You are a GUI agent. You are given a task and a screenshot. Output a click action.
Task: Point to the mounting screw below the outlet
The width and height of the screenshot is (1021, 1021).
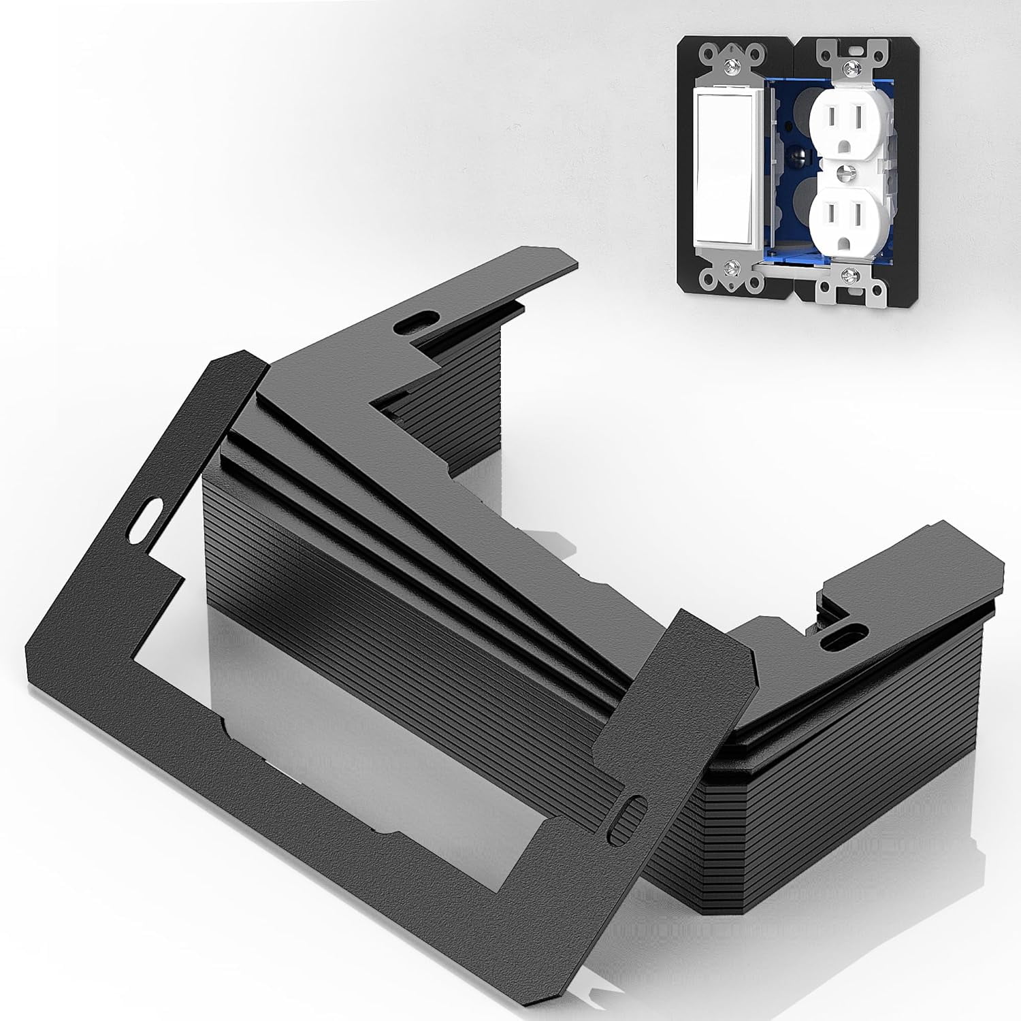848,274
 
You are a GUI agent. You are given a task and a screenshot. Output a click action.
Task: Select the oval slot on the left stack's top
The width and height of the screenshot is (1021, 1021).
418,319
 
